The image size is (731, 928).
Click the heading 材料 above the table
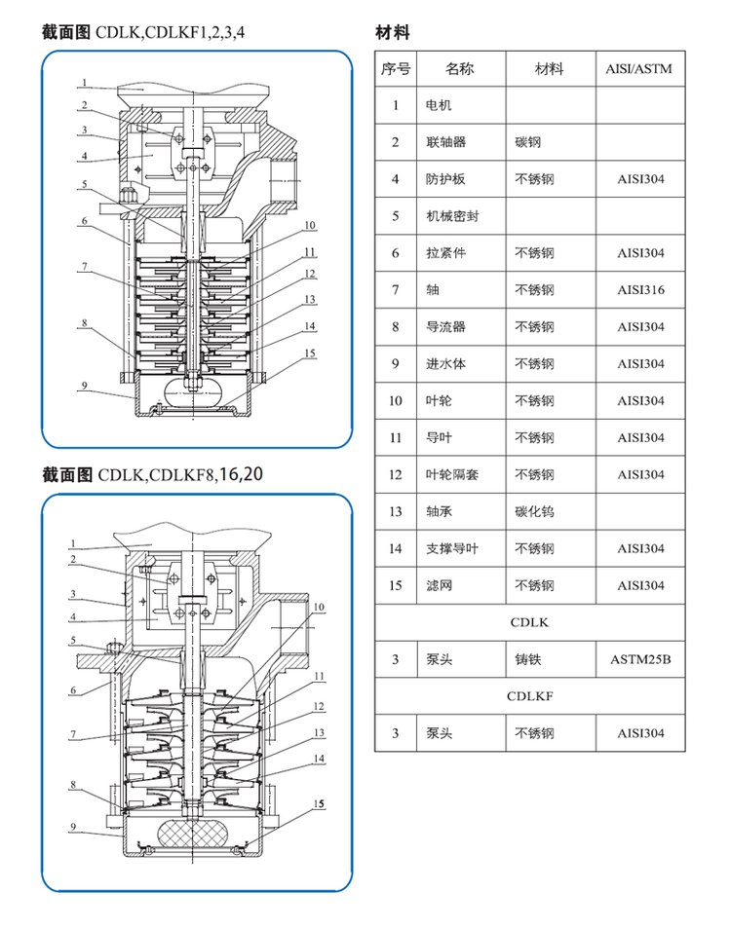coord(393,33)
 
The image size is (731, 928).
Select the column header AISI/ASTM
coord(640,69)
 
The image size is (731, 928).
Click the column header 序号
coord(396,69)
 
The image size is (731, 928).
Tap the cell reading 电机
coord(439,105)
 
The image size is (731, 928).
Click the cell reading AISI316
coord(640,290)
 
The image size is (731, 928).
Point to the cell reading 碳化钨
coord(534,511)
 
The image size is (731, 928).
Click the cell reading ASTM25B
coord(640,660)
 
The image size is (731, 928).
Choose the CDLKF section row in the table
coord(530,696)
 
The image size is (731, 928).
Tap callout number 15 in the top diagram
coord(310,353)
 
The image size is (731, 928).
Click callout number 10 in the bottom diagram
coord(318,606)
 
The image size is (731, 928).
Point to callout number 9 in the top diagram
coord(85,386)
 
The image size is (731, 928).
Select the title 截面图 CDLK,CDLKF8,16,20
coord(152,475)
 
